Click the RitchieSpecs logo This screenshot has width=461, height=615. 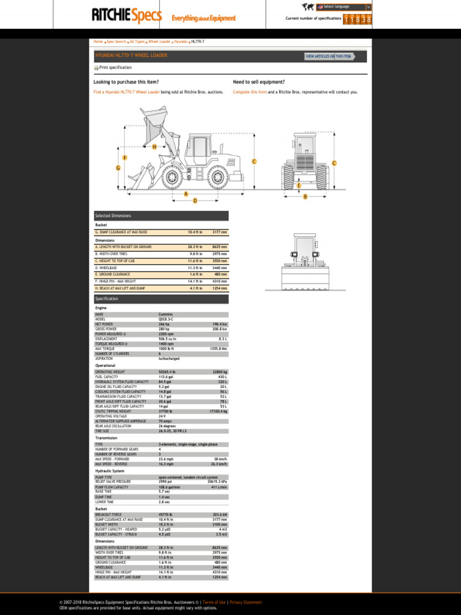[x=127, y=16]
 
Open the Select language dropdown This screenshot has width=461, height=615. [x=346, y=7]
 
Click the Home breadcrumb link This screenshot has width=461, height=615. [x=98, y=41]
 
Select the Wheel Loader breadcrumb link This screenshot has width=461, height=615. [x=160, y=41]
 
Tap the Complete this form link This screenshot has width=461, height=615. [x=250, y=92]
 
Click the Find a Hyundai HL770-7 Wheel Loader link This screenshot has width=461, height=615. [x=127, y=92]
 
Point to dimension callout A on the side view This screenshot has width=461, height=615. [x=186, y=194]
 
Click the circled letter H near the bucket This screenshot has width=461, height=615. [x=154, y=147]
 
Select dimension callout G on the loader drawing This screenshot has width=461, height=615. [x=118, y=168]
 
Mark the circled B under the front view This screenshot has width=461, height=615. [x=305, y=196]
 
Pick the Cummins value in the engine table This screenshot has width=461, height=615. [x=165, y=314]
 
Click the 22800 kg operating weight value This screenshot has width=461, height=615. [x=219, y=372]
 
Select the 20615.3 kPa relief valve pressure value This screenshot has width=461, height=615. [x=216, y=482]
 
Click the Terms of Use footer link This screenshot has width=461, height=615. [x=214, y=602]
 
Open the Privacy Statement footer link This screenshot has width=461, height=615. [x=246, y=602]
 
